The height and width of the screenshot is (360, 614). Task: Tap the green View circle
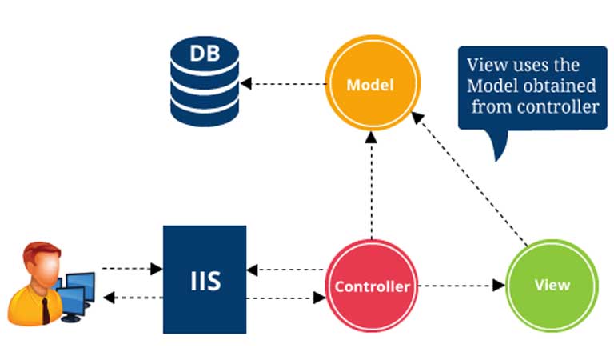552,285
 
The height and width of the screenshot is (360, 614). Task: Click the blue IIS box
205,279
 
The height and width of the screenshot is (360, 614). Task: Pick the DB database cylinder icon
205,83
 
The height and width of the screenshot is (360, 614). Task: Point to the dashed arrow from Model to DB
284,83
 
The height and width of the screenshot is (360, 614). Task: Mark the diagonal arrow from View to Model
472,180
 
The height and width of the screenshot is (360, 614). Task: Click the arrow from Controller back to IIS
287,269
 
